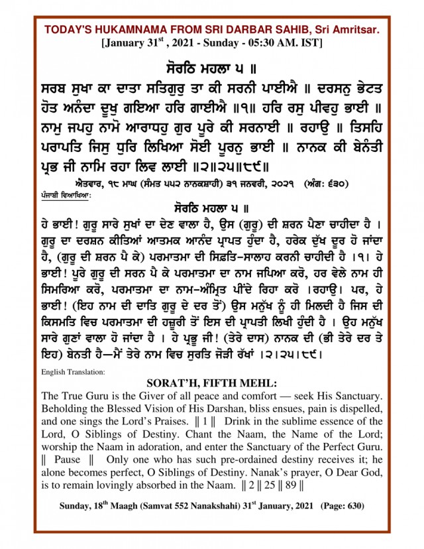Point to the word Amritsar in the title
(354, 30)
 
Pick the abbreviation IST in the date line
(309, 43)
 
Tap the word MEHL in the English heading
(262, 384)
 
